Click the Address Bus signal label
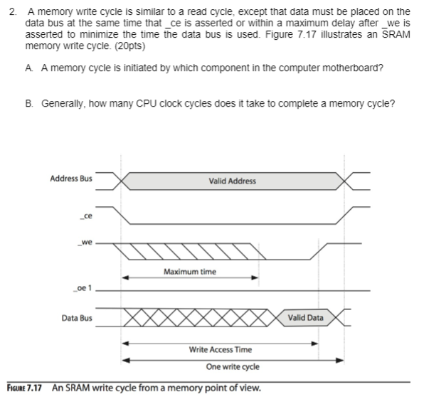(x=71, y=178)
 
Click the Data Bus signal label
(x=76, y=318)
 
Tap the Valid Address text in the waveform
(x=232, y=181)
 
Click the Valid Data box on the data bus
(x=306, y=318)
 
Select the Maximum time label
(x=189, y=272)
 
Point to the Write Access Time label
(x=220, y=349)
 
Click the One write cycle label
(x=233, y=367)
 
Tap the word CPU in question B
(x=159, y=103)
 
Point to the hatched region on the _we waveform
(x=189, y=250)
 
